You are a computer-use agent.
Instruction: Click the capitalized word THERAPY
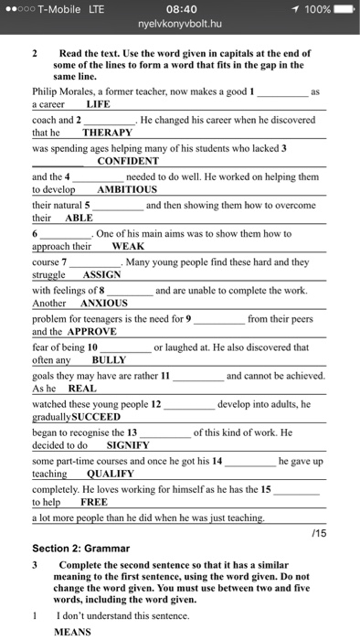(x=107, y=133)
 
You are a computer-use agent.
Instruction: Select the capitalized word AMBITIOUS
(x=127, y=189)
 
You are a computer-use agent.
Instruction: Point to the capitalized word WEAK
(x=128, y=247)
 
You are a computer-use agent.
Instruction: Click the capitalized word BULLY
(x=100, y=359)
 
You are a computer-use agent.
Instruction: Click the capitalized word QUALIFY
(x=110, y=474)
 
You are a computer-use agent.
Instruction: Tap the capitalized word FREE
(x=93, y=502)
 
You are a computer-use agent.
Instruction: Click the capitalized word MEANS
(x=73, y=631)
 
